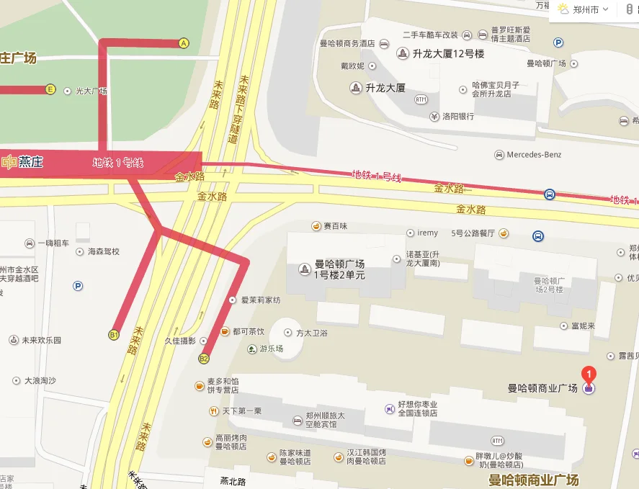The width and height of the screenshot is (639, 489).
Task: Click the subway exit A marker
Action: click(184, 43)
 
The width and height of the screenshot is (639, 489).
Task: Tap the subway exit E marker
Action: click(50, 89)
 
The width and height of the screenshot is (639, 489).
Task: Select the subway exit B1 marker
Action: click(114, 334)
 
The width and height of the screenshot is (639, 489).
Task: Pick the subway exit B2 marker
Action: click(205, 358)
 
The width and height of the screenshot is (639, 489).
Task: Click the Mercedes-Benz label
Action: click(534, 155)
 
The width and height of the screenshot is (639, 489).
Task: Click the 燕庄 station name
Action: click(31, 162)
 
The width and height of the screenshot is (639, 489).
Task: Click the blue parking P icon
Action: click(78, 286)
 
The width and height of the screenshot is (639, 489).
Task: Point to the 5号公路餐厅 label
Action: click(473, 233)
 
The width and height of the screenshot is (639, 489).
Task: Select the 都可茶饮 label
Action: click(248, 331)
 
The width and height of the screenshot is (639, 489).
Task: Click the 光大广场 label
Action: click(91, 91)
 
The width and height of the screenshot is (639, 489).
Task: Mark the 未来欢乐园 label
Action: click(41, 340)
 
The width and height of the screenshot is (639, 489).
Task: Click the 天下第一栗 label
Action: click(241, 411)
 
